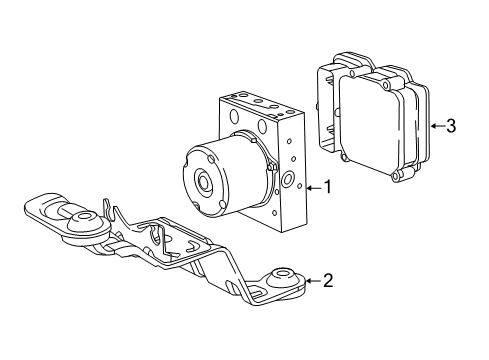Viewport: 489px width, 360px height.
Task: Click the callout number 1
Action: pos(326,187)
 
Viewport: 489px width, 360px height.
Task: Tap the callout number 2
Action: pos(327,281)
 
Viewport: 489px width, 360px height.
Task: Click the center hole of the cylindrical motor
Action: pos(204,183)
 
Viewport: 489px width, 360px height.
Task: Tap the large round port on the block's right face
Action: pos(288,181)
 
